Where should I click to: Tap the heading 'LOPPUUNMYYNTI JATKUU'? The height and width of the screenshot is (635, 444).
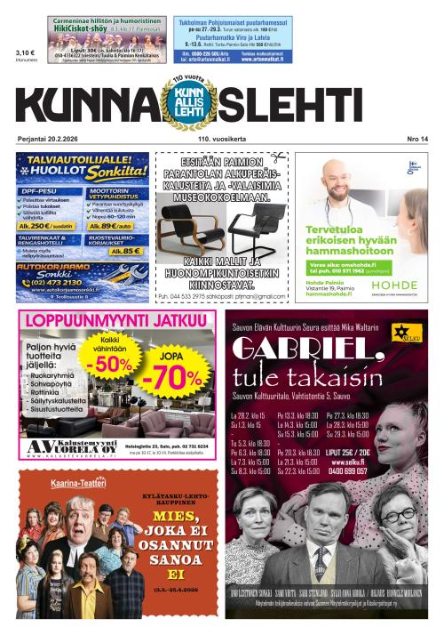click(111, 321)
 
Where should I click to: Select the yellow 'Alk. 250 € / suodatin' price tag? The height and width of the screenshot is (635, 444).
click(50, 226)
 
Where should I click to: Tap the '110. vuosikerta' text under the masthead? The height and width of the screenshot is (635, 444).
click(209, 139)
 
